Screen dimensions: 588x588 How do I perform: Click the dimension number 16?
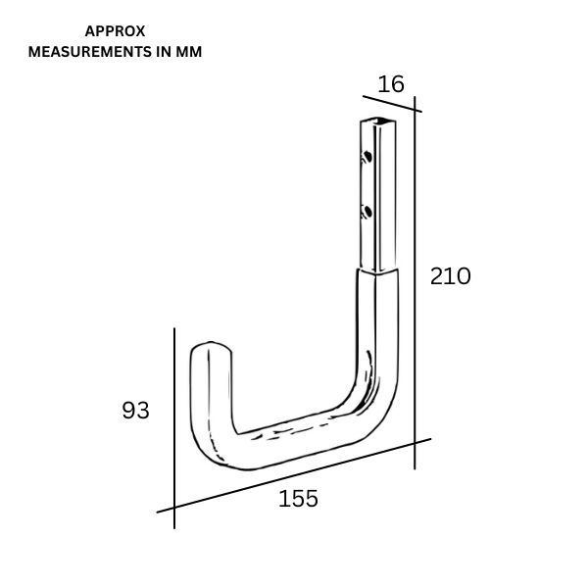[391, 84]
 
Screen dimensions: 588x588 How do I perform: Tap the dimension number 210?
[451, 276]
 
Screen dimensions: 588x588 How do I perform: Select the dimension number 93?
[136, 411]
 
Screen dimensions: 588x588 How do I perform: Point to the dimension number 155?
[298, 499]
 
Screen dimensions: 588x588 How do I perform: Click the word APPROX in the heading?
[116, 31]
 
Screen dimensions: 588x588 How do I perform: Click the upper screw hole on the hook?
[367, 156]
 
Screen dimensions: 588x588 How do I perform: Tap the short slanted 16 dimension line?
[392, 103]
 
